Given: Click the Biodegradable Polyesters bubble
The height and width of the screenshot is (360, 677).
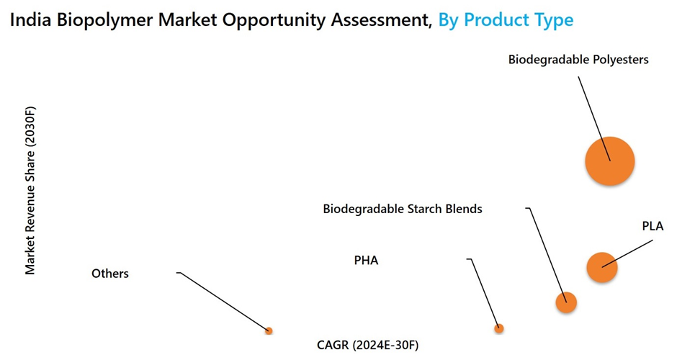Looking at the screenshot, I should pyautogui.click(x=609, y=161).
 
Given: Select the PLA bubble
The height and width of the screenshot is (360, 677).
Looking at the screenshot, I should pyautogui.click(x=602, y=268).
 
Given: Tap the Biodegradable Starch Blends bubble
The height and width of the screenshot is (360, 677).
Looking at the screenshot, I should pyautogui.click(x=566, y=302).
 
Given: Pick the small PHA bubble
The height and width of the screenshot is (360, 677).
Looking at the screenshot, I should pyautogui.click(x=498, y=328).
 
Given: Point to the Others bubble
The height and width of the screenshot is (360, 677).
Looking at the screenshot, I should pyautogui.click(x=269, y=330).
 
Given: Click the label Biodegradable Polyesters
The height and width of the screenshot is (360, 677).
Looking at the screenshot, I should pyautogui.click(x=578, y=60).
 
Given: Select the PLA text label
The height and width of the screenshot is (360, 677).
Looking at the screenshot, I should pyautogui.click(x=653, y=226).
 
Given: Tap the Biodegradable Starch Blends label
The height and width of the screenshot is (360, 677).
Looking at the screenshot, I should pyautogui.click(x=402, y=209).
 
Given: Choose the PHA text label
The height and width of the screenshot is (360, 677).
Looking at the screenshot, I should pyautogui.click(x=366, y=260).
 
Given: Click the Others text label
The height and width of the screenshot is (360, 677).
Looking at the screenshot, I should pyautogui.click(x=110, y=274).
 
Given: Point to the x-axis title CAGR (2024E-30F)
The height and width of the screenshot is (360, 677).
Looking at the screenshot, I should pyautogui.click(x=367, y=345).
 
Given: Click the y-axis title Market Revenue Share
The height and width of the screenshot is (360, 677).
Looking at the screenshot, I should pyautogui.click(x=30, y=190).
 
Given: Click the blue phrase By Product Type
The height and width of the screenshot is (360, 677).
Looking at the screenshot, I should pyautogui.click(x=506, y=19).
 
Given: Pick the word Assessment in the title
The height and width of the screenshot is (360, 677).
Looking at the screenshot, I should pyautogui.click(x=378, y=19).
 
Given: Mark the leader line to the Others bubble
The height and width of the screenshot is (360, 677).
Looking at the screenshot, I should pyautogui.click(x=223, y=301).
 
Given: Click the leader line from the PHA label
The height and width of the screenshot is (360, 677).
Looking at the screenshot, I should pyautogui.click(x=485, y=292).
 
